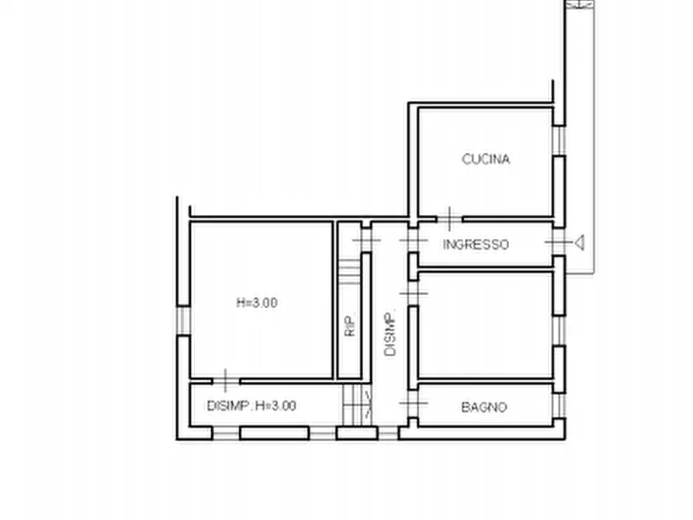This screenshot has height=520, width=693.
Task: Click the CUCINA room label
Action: pos(486,159)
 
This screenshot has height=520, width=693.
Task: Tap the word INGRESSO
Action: pos(476,244)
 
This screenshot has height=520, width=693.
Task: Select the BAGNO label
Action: pos(483,407)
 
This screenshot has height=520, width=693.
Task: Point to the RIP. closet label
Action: pos(351,325)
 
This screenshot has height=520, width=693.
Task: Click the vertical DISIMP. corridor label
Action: pos(390,333)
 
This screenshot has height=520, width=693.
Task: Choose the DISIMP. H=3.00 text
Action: pos(251,405)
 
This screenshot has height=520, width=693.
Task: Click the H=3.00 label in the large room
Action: pos(257,303)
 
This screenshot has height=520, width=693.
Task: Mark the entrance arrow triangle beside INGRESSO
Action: pos(578,244)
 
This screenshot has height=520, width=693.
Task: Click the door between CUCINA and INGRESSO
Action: pos(449,219)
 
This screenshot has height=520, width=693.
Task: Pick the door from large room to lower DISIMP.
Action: pos(224,380)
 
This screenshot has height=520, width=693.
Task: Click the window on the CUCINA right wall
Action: pos(559,140)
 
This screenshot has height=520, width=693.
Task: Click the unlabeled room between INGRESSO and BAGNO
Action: pos(485,326)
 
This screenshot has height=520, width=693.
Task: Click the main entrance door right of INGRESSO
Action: pos(558,244)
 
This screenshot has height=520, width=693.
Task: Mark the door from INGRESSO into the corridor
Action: pos(412,242)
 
